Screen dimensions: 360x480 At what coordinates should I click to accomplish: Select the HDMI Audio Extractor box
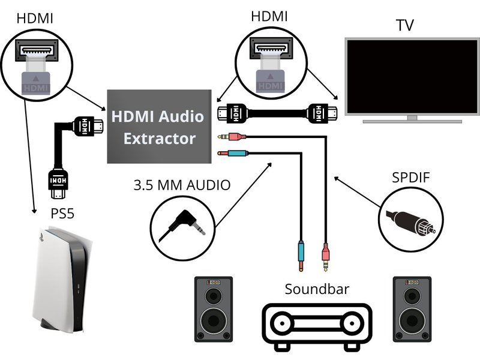(x=159, y=126)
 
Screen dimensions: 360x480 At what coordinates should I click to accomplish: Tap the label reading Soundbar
(x=317, y=289)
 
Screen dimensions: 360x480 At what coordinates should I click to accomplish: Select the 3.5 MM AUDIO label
(x=181, y=185)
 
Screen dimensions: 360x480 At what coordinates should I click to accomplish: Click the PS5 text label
(x=62, y=213)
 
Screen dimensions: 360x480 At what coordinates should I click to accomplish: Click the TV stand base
(x=412, y=120)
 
